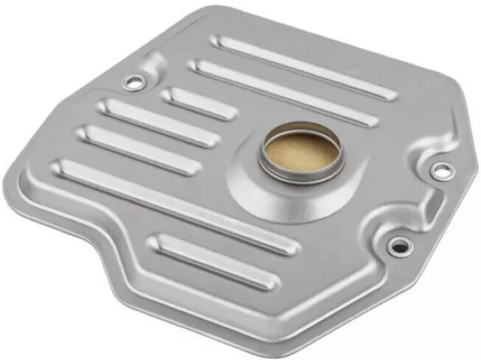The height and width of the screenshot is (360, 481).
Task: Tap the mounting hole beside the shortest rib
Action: (x=134, y=82)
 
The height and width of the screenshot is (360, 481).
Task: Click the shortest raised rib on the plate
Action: (x=199, y=103)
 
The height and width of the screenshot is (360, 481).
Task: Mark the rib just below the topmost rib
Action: (x=283, y=93)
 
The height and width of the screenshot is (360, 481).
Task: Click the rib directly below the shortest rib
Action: (x=158, y=122)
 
